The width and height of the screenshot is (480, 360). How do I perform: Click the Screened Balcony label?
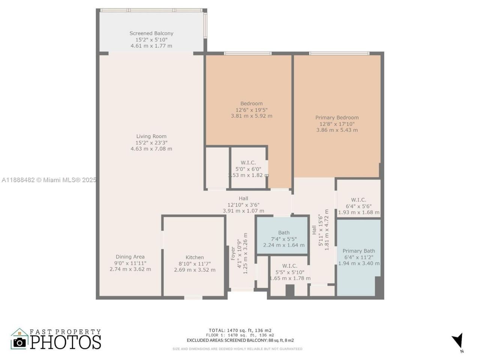[x=151, y=33]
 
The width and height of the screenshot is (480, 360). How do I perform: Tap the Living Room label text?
[x=151, y=136]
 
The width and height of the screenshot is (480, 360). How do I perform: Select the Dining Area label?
[x=130, y=257]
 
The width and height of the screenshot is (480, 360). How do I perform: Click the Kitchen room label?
[x=195, y=257]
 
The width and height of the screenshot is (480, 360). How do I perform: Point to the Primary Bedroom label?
[x=337, y=118]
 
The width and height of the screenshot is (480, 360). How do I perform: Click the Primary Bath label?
[x=358, y=251]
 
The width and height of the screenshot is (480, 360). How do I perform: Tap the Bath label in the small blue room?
[x=283, y=232]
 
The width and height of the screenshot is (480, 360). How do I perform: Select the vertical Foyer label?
[x=233, y=253]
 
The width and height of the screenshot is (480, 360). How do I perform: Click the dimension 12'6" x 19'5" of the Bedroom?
[x=251, y=110]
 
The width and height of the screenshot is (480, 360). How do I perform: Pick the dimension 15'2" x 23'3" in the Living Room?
[x=151, y=142]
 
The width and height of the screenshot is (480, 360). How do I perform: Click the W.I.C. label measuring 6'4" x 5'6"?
[x=358, y=200]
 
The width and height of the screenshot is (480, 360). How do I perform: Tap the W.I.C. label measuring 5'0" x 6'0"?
[x=248, y=162]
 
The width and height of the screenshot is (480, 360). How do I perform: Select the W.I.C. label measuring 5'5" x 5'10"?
[x=289, y=266]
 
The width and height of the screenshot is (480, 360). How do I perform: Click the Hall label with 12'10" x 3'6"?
[x=243, y=198]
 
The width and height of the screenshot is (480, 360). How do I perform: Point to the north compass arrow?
[x=457, y=341]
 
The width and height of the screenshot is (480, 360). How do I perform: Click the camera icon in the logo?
[x=19, y=342]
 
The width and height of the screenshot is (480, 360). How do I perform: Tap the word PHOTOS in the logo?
[x=66, y=342]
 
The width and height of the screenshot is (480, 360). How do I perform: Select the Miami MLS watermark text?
[x=49, y=180]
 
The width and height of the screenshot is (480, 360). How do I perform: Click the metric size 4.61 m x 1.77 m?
[x=151, y=46]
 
